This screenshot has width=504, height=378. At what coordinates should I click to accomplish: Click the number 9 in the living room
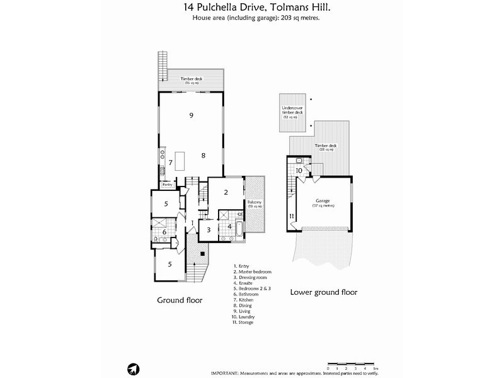(x=190, y=115)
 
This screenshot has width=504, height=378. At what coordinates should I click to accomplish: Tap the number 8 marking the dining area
(x=203, y=155)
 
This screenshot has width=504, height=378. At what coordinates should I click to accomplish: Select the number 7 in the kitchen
(x=170, y=163)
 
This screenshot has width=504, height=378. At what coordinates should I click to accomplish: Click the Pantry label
(x=167, y=185)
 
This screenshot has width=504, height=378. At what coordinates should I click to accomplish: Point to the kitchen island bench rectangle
(x=179, y=161)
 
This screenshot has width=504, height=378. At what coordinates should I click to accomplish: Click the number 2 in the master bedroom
(x=226, y=192)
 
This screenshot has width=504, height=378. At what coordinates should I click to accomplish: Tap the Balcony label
(x=254, y=204)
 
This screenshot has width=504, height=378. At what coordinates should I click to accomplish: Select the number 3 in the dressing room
(x=209, y=230)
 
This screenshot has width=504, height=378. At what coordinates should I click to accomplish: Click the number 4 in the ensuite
(x=230, y=226)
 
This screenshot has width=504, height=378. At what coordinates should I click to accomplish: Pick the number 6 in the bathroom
(x=164, y=232)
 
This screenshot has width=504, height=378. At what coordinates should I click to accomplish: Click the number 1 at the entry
(x=192, y=222)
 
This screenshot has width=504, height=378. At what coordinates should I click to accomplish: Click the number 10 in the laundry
(x=300, y=170)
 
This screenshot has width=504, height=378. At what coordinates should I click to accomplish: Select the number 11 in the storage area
(x=292, y=217)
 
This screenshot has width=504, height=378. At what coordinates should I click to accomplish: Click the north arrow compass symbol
(x=132, y=369)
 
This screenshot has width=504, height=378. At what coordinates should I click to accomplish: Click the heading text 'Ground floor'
(x=180, y=301)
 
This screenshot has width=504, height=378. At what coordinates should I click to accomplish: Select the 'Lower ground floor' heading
(x=323, y=292)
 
